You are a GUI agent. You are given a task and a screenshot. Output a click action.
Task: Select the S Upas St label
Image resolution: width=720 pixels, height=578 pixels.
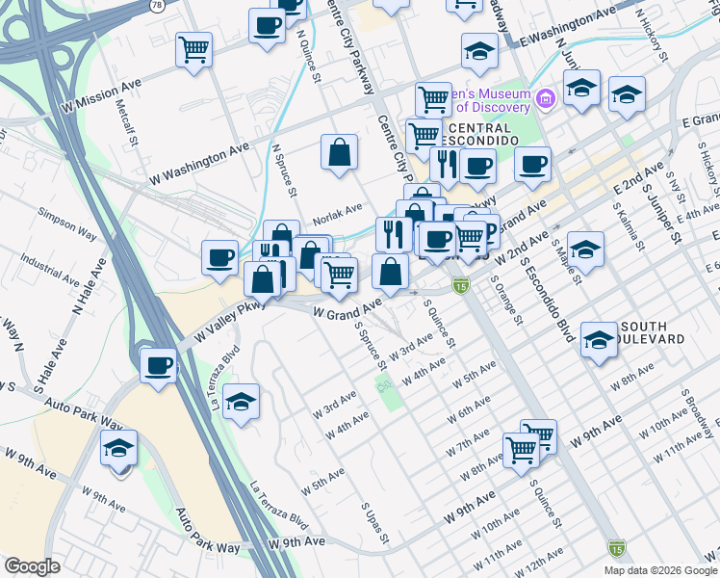pos(372,519)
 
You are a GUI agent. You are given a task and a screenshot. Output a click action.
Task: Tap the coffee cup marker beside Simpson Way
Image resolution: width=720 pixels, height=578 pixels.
pos(220,258)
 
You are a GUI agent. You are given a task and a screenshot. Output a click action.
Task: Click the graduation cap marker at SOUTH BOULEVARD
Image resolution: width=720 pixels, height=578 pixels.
pos(598,341)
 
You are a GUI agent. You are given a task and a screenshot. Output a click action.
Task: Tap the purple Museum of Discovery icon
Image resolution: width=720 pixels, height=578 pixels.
pos(545,98)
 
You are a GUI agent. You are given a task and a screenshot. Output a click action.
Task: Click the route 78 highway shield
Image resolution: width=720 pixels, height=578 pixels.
pos(157,5)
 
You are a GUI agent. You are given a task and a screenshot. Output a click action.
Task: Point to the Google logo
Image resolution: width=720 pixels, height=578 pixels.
pos(33,566)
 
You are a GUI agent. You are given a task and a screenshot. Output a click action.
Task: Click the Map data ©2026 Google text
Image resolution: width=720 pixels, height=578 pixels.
pos(659,570)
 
